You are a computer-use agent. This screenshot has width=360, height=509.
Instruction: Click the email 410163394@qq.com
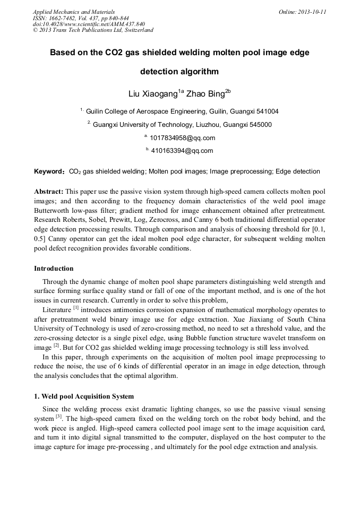click(x=182, y=151)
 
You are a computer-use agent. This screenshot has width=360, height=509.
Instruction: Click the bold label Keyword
click(x=49, y=172)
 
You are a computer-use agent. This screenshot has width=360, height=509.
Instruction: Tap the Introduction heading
click(x=54, y=269)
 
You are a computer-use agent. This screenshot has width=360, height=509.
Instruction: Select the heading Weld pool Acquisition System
click(x=88, y=396)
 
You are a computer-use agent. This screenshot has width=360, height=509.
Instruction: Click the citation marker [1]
click(x=76, y=307)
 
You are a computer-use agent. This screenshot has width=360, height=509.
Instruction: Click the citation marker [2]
click(x=56, y=346)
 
